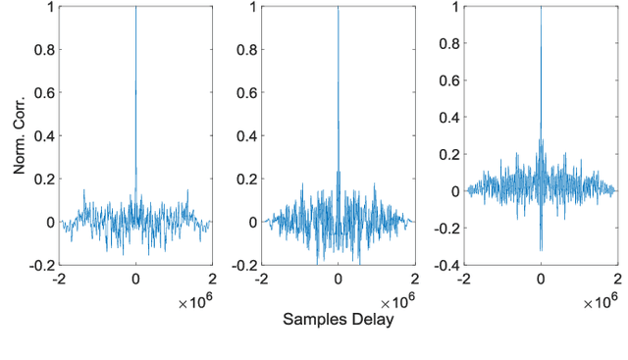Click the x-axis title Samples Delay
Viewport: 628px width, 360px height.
(338, 320)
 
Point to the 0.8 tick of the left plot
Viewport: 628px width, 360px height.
(44, 49)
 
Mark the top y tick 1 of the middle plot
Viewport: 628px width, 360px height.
(253, 7)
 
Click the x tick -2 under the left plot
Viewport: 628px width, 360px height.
(59, 279)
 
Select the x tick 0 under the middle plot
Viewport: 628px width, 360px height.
(338, 279)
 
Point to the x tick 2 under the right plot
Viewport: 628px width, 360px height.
(616, 279)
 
